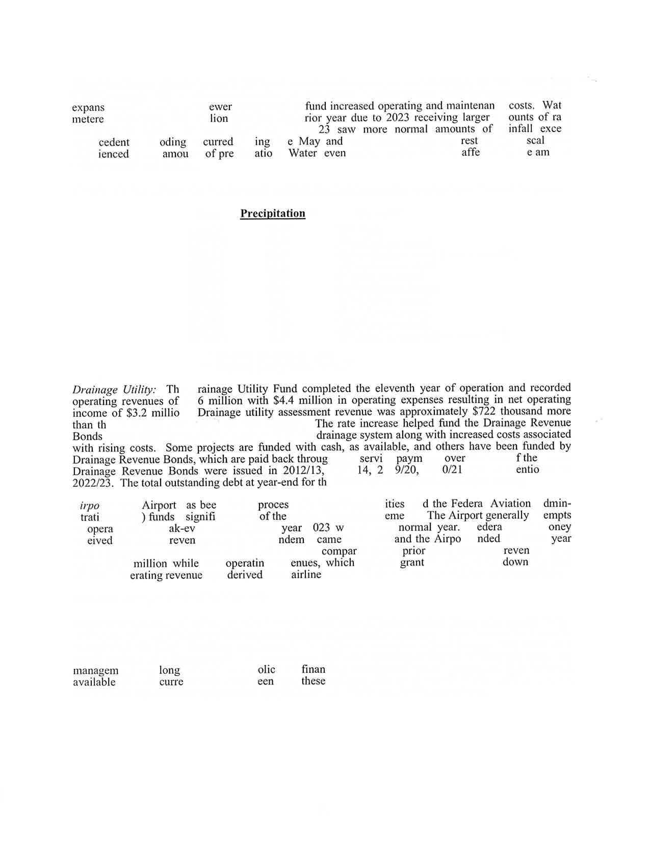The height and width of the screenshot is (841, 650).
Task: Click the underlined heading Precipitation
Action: (273, 214)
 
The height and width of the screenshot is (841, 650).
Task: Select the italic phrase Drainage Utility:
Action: (114, 390)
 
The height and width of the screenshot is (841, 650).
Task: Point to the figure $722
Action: (482, 411)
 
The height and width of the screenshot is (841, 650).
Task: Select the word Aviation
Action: (510, 504)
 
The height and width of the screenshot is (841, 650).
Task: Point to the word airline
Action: (306, 574)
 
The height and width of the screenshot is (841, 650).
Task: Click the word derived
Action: (245, 575)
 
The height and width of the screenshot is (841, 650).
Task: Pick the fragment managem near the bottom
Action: (95, 671)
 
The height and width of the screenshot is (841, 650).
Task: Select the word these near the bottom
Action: (313, 681)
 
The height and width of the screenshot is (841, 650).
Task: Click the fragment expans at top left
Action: (88, 108)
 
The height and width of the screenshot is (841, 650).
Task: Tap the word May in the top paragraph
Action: (309, 141)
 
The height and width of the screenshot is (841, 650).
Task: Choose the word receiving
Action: (432, 118)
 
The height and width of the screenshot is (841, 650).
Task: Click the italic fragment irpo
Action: (90, 506)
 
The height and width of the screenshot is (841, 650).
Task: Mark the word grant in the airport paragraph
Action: (412, 563)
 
